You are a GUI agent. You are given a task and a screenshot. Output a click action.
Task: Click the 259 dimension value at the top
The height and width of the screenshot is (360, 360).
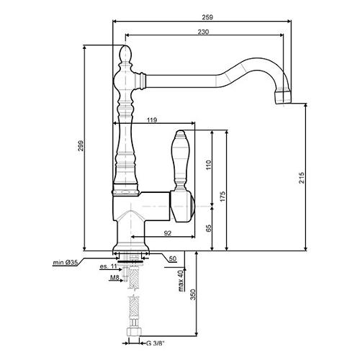pos(207,17)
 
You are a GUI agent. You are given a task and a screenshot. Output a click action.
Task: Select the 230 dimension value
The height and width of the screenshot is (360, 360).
pos(203,32)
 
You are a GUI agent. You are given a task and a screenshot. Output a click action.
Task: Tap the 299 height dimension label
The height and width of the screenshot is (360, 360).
pos(81,145)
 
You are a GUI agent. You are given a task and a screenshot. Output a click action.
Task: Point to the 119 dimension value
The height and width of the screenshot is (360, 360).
pos(152,120)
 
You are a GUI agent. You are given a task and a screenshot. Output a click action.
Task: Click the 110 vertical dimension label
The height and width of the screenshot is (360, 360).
pos(208,165)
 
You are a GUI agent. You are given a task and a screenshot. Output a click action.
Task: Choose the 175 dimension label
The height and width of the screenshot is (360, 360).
pos(222,197)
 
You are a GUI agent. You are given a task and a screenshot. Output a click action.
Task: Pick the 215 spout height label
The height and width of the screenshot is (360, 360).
pos(302,178)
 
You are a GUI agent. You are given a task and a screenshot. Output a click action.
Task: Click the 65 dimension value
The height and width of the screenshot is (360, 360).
pos(209,228)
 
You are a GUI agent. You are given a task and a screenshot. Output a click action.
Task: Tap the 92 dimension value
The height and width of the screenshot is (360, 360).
pos(168,233)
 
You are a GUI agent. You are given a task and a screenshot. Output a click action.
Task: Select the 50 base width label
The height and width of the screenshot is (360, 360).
pos(173,258)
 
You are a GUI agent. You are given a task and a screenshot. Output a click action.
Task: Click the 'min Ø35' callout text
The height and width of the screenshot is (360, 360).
pos(66,263)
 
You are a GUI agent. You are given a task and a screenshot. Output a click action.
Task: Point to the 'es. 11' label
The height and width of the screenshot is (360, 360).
pos(108,266)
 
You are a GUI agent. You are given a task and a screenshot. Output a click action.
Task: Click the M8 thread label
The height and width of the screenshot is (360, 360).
pos(114,278)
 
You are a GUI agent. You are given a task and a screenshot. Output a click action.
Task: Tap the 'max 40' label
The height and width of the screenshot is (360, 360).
pos(181,280)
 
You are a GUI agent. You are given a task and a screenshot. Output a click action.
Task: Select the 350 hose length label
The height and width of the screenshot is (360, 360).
pos(193,294)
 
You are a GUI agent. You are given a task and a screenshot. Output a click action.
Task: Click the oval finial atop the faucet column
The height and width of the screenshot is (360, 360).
pos(125,53)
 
